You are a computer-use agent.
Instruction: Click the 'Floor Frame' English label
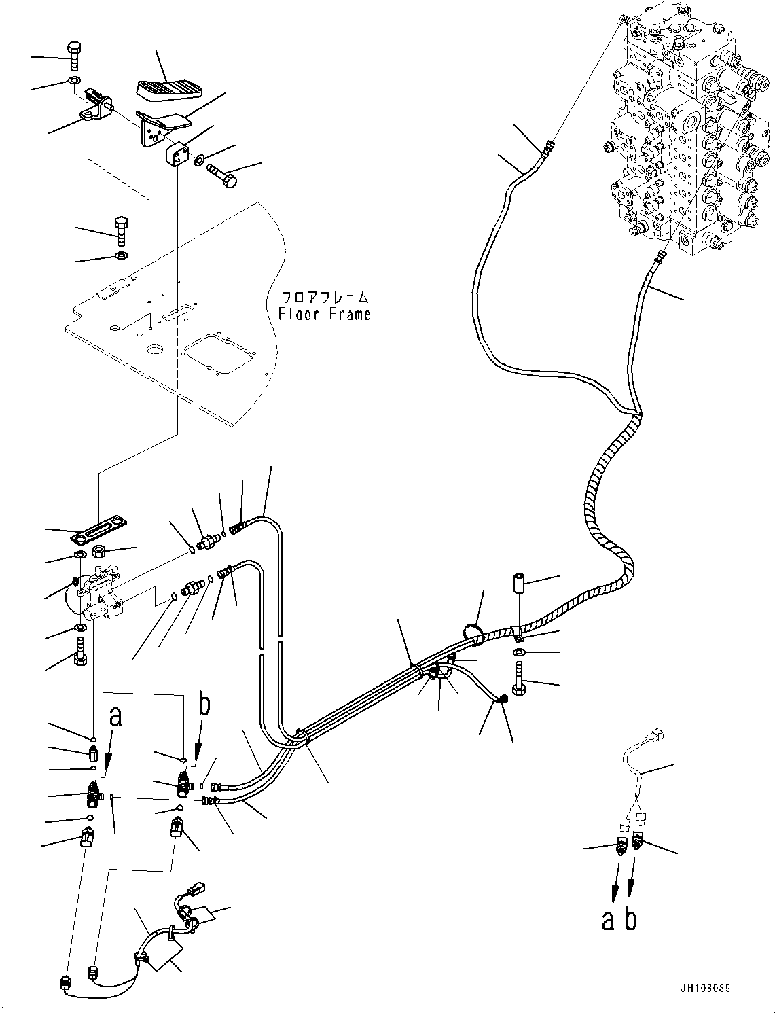[324, 315]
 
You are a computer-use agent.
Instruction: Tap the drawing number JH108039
[703, 988]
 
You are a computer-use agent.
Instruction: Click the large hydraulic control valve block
[686, 129]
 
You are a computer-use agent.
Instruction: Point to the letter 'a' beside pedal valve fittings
[115, 716]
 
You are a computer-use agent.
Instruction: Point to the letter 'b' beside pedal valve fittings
[204, 705]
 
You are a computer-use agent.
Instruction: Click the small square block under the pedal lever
[178, 155]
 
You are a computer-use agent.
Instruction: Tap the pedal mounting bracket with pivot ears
[97, 107]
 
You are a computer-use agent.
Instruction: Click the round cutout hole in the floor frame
[155, 350]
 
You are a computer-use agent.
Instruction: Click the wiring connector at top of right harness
[656, 736]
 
